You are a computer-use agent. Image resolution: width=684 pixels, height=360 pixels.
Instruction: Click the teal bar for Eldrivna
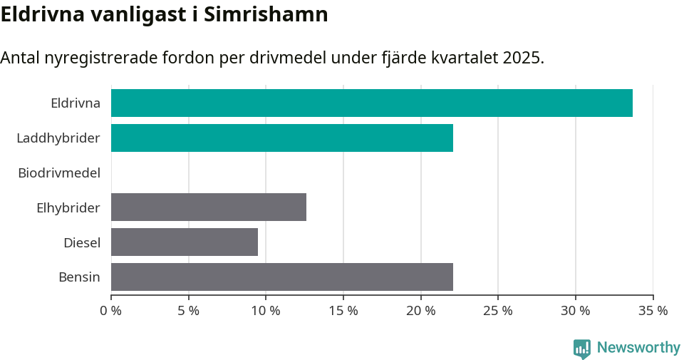coord(371,103)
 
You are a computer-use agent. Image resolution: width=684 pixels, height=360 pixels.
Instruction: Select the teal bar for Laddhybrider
coord(281,138)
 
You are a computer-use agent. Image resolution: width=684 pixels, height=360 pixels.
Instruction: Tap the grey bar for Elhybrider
coord(208,207)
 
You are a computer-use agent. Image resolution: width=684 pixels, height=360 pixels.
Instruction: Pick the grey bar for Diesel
coord(184,242)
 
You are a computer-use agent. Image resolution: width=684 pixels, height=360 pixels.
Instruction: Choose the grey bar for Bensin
coord(281,277)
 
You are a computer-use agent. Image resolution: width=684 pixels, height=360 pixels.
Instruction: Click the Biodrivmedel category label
coord(59,173)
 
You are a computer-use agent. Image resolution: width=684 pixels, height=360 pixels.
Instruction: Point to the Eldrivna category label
coord(75,103)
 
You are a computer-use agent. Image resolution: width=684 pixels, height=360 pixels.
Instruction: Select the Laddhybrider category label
coord(58,138)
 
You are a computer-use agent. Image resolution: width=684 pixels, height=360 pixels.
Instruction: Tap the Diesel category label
coord(81,242)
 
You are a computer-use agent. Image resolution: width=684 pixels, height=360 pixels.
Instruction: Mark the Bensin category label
coord(79,277)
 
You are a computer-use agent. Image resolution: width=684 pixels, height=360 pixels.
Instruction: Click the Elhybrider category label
coord(68,207)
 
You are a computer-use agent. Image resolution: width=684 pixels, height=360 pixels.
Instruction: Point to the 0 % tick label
coord(111,311)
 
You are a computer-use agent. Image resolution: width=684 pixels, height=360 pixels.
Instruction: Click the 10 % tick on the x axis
coord(266,311)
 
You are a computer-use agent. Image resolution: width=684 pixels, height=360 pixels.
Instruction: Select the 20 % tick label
coord(421,311)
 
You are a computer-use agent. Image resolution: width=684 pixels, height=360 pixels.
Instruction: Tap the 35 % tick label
coord(653,311)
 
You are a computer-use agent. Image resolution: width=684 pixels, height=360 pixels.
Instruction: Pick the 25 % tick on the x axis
coord(498,311)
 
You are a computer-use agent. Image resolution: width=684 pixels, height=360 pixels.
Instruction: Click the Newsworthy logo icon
coord(582,348)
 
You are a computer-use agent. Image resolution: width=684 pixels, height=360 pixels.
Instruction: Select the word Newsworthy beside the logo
coord(638,348)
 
